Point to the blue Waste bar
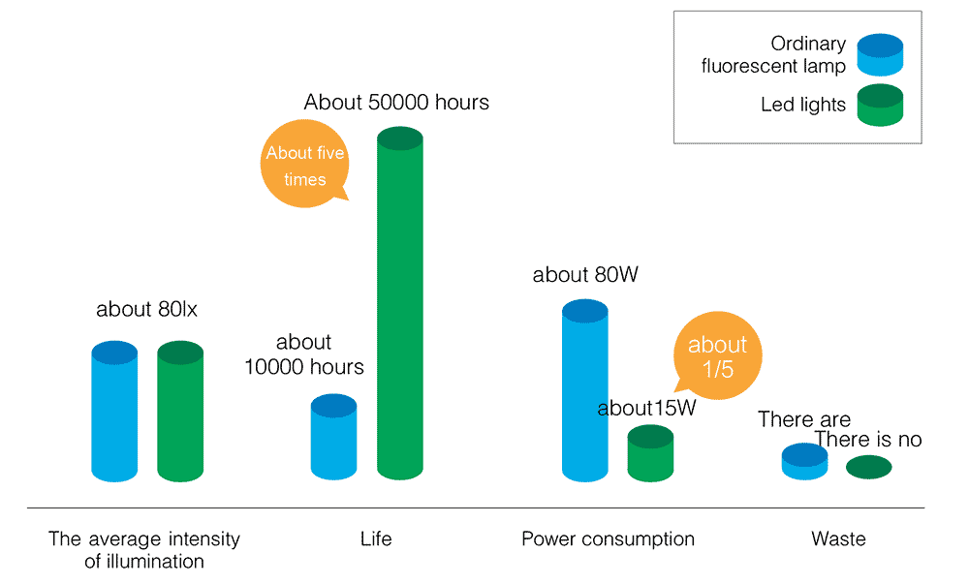804,462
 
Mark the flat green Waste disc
869,468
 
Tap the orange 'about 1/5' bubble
717,357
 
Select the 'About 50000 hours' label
396,102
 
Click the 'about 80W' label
585,275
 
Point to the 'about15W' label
646,409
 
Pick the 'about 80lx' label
147,311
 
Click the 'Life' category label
376,539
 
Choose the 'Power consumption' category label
608,539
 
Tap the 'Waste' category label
839,539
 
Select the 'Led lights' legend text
803,105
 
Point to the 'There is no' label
868,440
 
